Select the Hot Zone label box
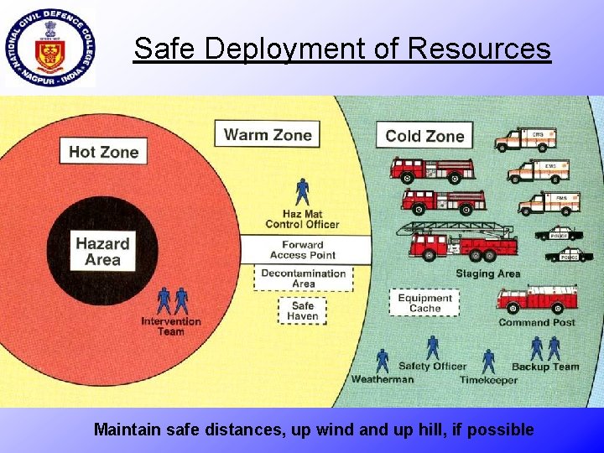103,151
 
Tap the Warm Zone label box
268,134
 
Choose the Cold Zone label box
424,135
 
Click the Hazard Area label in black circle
102,251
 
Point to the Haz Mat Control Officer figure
302,192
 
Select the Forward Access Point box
304,249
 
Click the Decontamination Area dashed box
304,279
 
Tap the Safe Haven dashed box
303,310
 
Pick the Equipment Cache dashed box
424,303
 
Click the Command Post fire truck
537,299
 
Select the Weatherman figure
383,361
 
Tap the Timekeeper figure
488,362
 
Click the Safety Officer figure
433,347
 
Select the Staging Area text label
487,273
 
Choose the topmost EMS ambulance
525,138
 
